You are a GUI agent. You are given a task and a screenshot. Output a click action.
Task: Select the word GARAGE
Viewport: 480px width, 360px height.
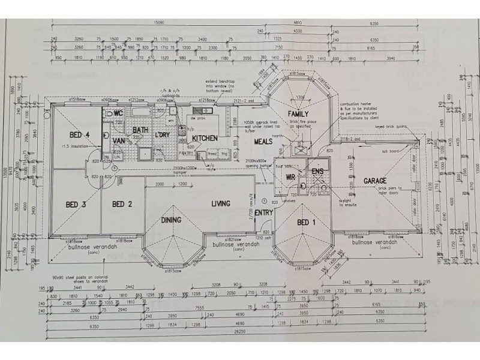[x=374, y=181]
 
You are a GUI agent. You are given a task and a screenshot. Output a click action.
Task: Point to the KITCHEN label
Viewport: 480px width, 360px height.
[x=204, y=138]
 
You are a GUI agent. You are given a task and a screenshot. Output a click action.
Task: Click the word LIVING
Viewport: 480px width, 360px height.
[x=220, y=204]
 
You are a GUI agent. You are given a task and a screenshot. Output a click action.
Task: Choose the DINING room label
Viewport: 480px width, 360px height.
[x=171, y=220]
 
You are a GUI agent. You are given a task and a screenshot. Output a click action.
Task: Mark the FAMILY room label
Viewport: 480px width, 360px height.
[x=298, y=113]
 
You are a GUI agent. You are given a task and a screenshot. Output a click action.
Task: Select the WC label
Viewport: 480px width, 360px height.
[x=118, y=113]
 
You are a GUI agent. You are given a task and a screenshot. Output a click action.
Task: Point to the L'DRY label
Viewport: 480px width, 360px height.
[x=163, y=134]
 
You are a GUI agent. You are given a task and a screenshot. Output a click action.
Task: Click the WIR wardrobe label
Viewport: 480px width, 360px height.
[x=290, y=177]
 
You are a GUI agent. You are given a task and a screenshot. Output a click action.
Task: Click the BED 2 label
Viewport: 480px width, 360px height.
[x=121, y=204]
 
